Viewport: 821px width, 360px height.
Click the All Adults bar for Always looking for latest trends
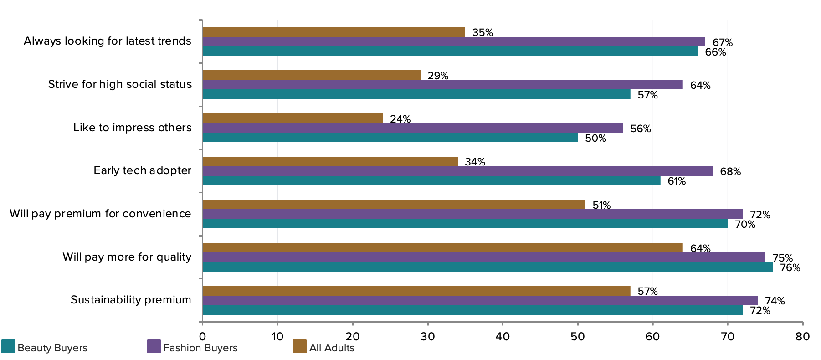point(334,32)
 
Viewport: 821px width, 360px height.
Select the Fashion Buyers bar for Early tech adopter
point(457,171)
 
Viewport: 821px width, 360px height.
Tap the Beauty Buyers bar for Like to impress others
point(390,138)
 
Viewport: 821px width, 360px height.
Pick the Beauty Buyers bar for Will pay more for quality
point(487,267)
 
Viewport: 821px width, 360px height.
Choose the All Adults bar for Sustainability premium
point(416,291)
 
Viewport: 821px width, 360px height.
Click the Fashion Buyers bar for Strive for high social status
point(442,85)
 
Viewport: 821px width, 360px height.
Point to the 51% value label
point(601,205)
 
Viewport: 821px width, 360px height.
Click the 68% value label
point(730,172)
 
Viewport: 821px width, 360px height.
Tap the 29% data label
point(438,76)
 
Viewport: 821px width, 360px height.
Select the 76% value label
point(790,268)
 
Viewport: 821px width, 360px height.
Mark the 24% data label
point(400,119)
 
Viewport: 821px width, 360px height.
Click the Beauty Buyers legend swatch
point(8,346)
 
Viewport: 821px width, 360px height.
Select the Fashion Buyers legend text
point(200,348)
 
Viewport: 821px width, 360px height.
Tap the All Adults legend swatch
point(300,346)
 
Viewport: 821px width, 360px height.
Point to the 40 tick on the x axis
point(503,337)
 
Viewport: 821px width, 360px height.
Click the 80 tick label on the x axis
point(802,337)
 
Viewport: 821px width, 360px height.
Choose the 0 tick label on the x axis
point(203,337)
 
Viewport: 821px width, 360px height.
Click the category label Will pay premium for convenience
point(100,214)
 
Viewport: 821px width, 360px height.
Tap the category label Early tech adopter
point(142,170)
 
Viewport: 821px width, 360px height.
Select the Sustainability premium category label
point(131,300)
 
